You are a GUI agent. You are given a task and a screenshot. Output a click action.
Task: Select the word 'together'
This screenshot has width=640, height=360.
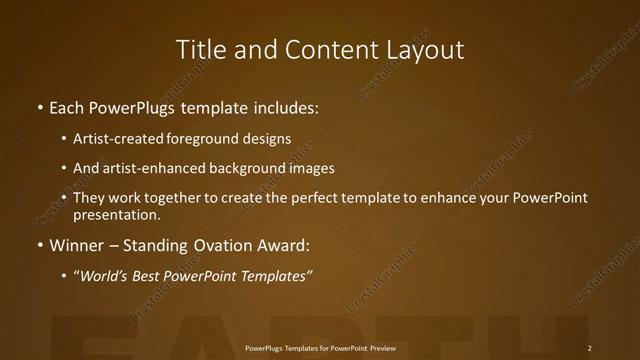[178, 198]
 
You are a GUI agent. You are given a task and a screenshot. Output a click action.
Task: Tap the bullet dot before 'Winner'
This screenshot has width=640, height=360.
[39, 245]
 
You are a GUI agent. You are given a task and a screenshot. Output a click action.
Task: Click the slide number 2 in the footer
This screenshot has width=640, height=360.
[590, 348]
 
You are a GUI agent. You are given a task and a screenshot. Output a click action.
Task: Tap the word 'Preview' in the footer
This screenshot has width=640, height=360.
[383, 348]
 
